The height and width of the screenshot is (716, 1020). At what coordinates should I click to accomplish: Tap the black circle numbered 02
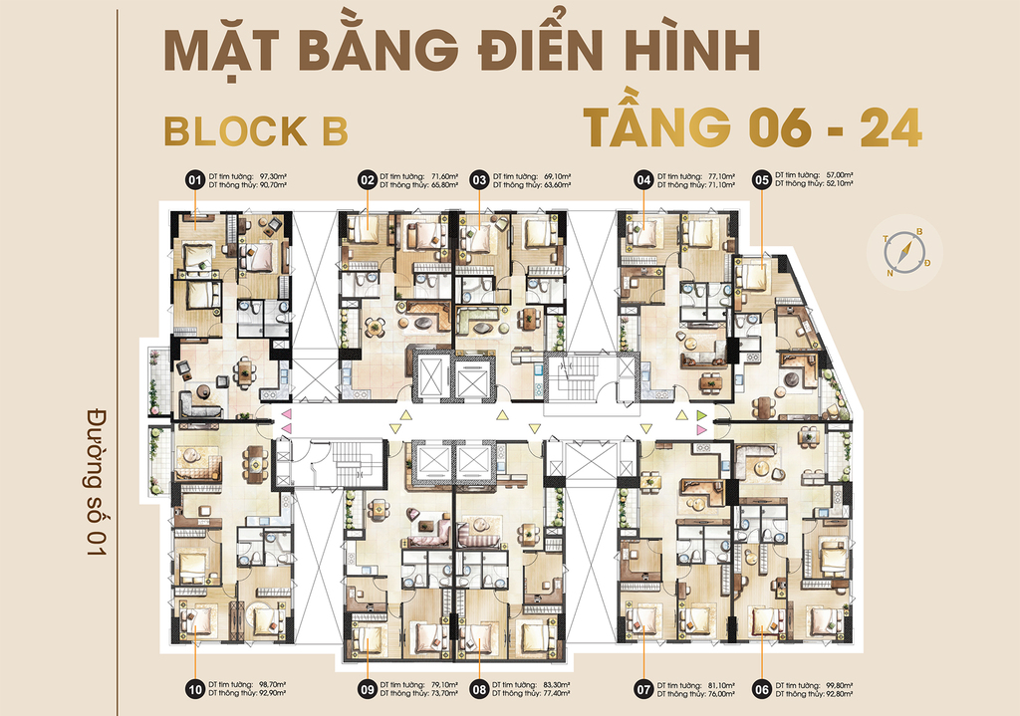[368, 180]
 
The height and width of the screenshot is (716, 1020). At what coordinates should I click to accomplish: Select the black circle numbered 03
[479, 180]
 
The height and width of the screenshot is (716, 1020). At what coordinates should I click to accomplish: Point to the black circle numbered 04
[643, 180]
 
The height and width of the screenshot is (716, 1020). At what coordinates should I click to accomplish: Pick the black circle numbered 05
[762, 180]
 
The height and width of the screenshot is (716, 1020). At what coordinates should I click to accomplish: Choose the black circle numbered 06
[762, 687]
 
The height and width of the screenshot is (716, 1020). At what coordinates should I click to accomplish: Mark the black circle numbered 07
[643, 687]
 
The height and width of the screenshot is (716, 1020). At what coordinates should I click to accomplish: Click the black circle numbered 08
[479, 687]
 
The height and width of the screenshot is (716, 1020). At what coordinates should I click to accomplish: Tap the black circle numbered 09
[368, 687]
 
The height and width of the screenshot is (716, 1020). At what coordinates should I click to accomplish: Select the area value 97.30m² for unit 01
[273, 176]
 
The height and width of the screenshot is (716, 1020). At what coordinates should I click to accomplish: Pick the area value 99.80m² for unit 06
[842, 683]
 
